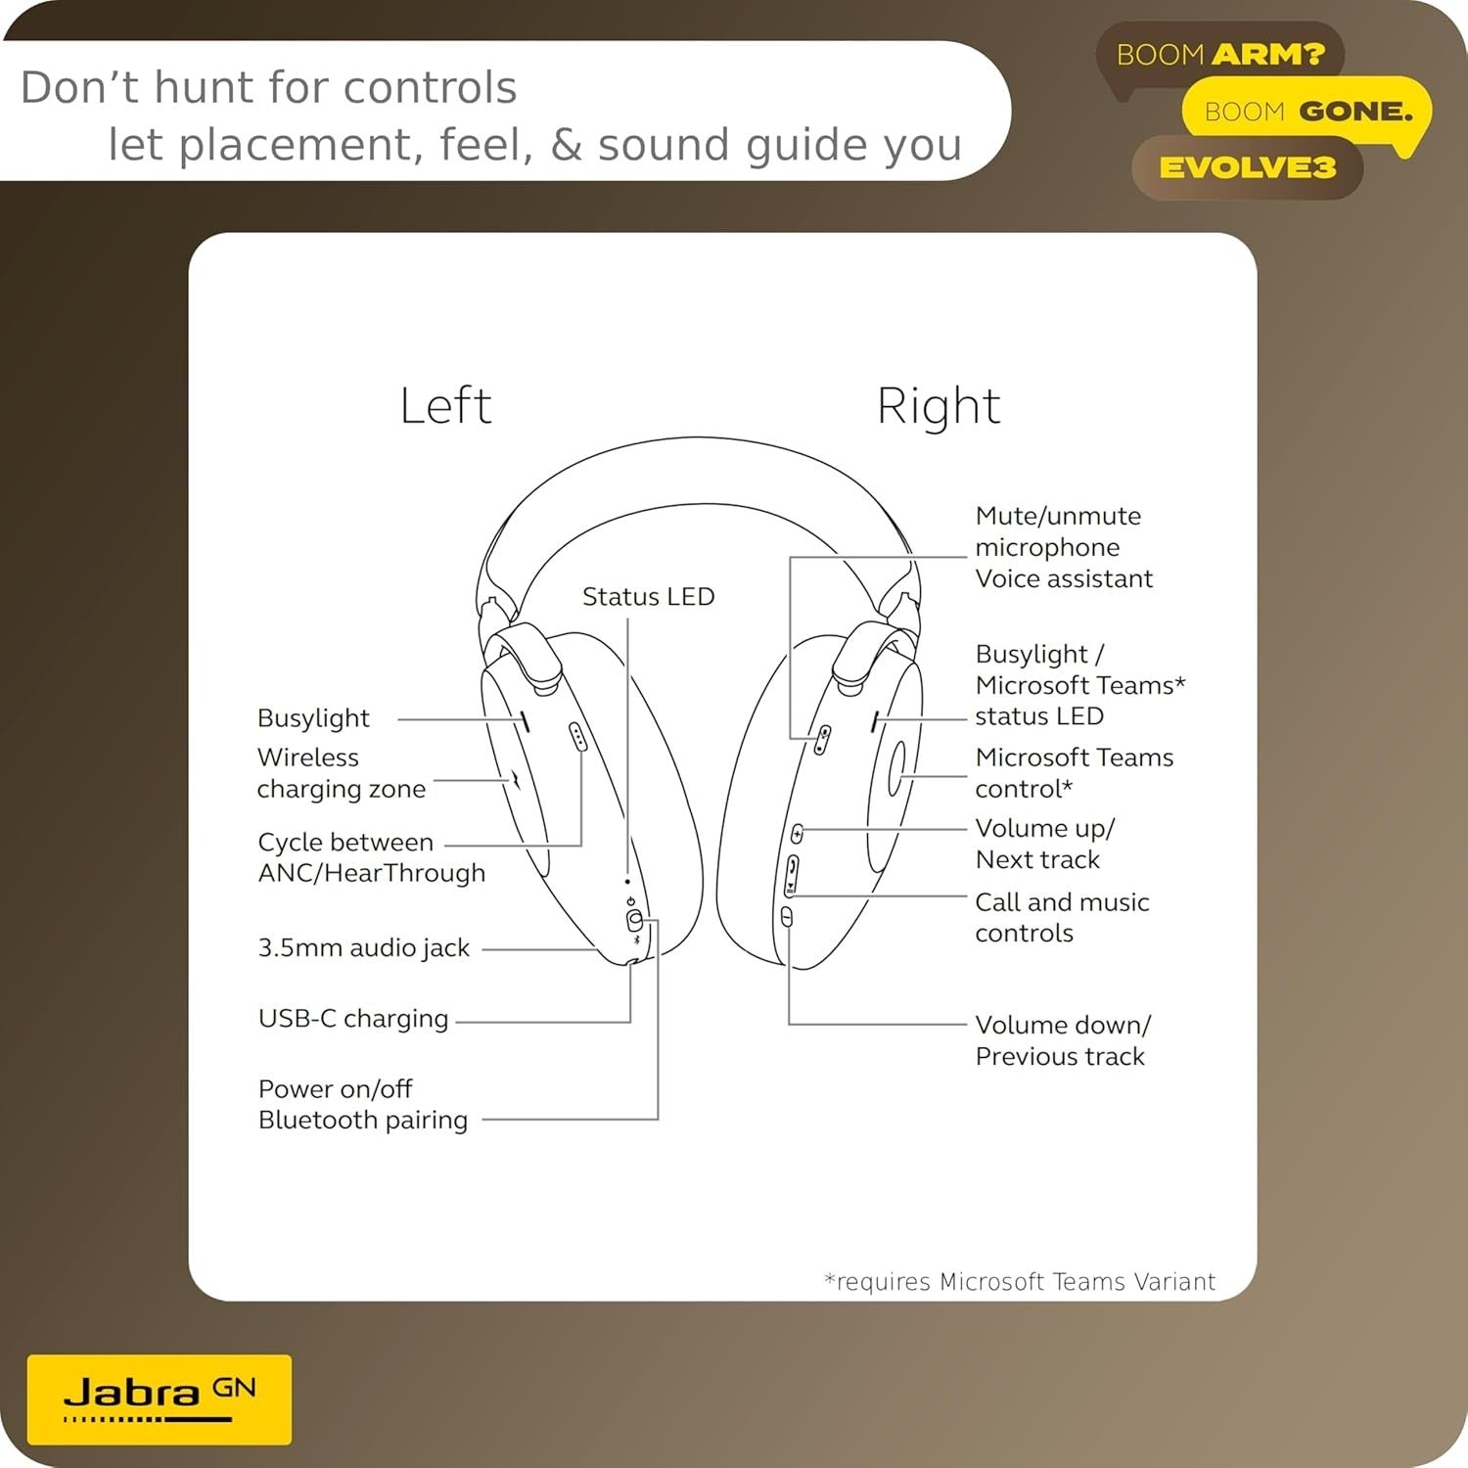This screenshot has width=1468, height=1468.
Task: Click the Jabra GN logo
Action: coord(160,1399)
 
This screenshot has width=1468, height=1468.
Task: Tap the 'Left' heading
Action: coord(445,405)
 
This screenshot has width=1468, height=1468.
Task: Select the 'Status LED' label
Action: coord(649,596)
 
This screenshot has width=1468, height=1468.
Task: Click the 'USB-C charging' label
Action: coord(353,1019)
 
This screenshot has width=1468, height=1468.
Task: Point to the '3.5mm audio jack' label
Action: coord(364,947)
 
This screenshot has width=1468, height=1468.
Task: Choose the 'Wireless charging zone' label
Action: coord(342,773)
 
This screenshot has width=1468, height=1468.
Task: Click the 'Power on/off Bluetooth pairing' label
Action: coord(363,1104)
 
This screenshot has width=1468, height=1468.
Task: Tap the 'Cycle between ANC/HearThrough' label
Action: coord(372,857)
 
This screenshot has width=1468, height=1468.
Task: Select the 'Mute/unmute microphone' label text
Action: coord(1058,531)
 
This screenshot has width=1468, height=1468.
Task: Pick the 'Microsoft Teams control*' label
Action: coord(1075,773)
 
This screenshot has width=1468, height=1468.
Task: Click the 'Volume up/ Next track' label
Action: coord(1045,844)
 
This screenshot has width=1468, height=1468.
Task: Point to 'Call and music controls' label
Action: coord(1062,917)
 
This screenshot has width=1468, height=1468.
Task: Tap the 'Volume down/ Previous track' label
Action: coord(1063,1040)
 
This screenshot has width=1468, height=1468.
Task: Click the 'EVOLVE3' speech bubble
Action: coord(1248,167)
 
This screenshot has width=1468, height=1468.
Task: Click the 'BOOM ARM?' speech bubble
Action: coord(1220,57)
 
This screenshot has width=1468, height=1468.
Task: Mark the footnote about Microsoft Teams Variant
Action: coord(1020,1282)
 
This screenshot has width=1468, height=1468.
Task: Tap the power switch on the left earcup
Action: coord(635,920)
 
